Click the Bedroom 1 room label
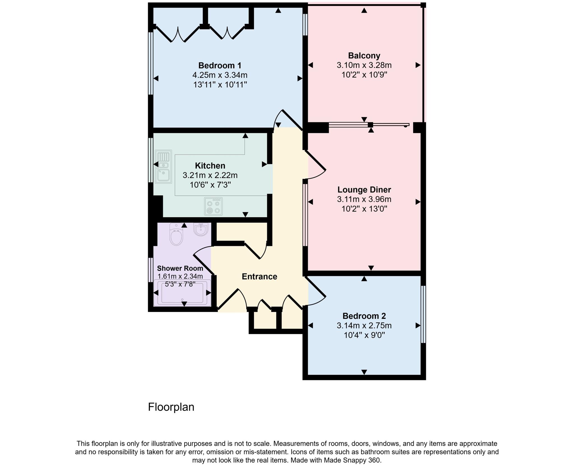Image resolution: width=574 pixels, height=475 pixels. click(x=219, y=65)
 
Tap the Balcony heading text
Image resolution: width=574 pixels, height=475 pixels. click(x=364, y=56)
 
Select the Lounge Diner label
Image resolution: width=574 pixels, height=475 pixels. click(x=364, y=190)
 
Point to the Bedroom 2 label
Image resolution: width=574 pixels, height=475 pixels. click(x=364, y=316)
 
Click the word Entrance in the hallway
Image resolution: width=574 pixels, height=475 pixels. click(x=259, y=277)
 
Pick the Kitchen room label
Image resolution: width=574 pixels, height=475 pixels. click(x=210, y=165)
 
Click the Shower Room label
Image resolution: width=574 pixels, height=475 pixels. click(x=180, y=268)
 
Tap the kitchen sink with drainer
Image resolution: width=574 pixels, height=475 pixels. click(x=163, y=167)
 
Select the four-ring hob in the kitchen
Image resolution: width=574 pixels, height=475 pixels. click(x=213, y=206)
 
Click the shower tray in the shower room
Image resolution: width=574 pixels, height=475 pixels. click(x=182, y=293)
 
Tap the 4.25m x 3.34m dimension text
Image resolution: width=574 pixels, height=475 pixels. click(x=219, y=75)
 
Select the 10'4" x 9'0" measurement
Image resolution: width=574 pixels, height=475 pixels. click(x=364, y=335)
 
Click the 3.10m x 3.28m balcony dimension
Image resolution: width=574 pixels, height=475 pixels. click(x=364, y=65)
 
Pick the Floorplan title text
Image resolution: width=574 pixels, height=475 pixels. click(x=171, y=407)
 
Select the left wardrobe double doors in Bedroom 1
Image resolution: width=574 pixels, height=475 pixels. click(x=178, y=34)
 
